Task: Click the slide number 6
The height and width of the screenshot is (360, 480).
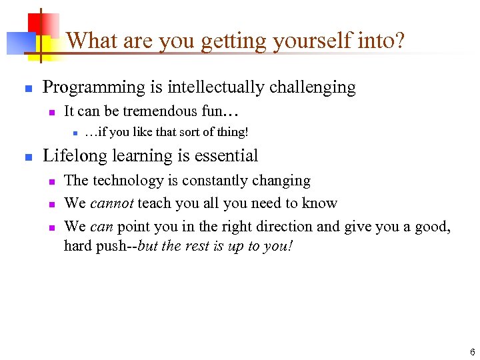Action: point(472,351)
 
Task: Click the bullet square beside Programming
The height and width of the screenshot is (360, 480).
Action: point(28,88)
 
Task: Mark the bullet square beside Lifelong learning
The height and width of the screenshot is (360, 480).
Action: point(28,157)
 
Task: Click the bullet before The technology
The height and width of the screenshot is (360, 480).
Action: point(51,181)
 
